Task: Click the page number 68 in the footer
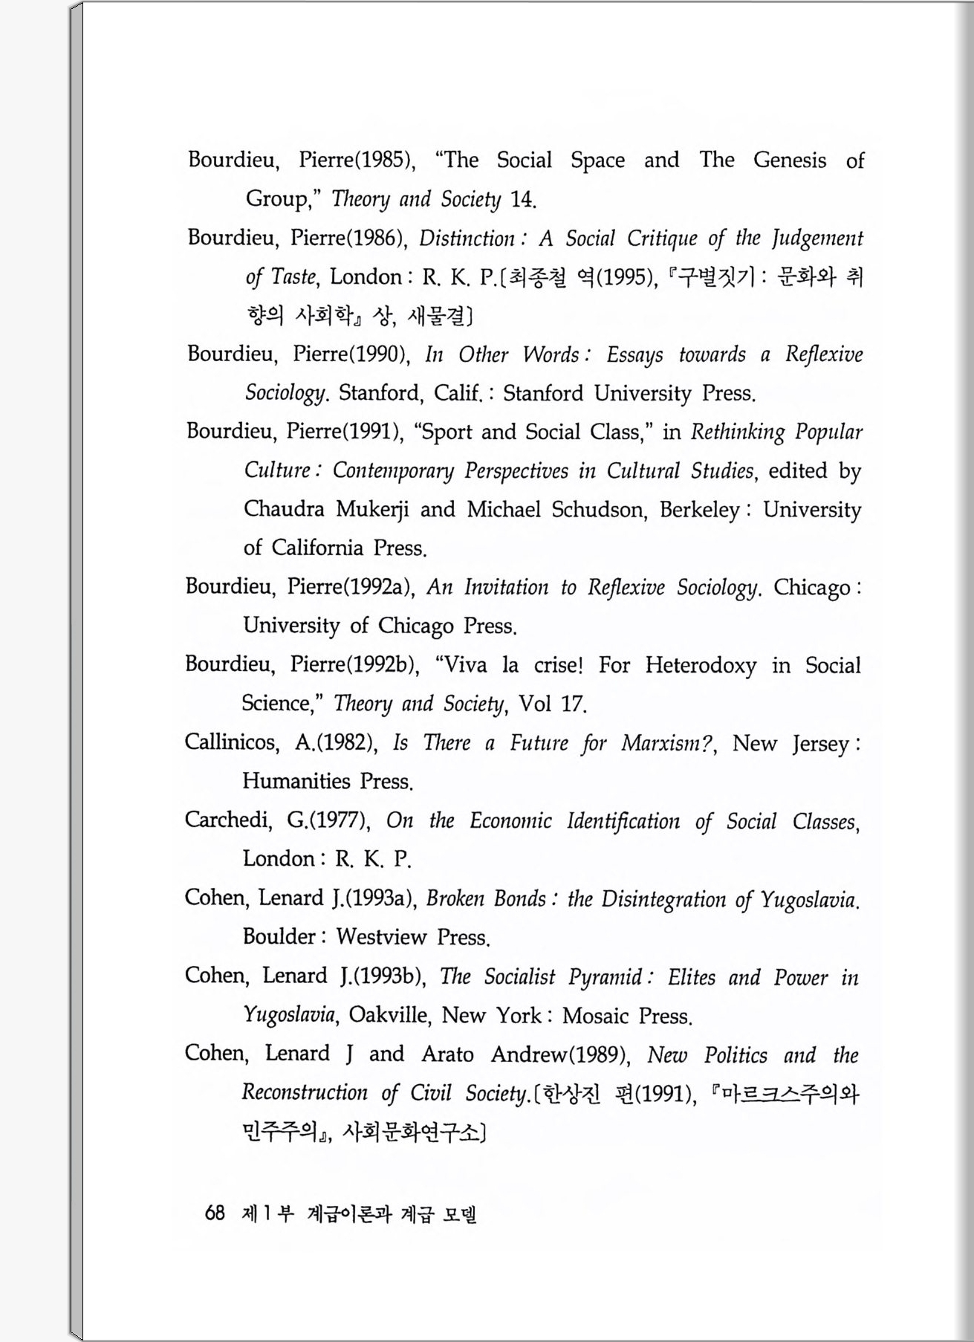(x=214, y=1213)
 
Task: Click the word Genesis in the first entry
(x=789, y=161)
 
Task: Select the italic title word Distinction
(x=467, y=239)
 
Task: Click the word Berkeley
(x=699, y=510)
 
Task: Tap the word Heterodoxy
(x=701, y=665)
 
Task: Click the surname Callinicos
(x=231, y=742)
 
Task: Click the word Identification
(x=623, y=821)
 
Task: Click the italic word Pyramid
(x=605, y=977)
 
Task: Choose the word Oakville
(x=389, y=1015)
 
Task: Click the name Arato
(x=447, y=1054)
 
